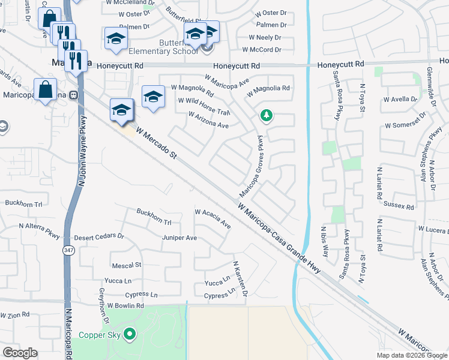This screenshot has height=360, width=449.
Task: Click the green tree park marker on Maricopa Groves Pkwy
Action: point(265,115)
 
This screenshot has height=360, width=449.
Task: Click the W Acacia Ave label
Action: point(212,218)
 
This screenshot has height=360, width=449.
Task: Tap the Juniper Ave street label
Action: point(179,238)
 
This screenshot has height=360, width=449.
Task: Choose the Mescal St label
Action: point(126,265)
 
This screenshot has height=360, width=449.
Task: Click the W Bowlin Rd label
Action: point(125,306)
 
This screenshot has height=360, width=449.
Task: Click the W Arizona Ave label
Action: point(208,120)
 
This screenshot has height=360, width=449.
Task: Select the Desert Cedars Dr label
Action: point(99,236)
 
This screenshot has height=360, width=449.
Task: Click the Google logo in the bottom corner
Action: point(20,353)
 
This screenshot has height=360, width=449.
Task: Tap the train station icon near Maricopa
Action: point(74,94)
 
